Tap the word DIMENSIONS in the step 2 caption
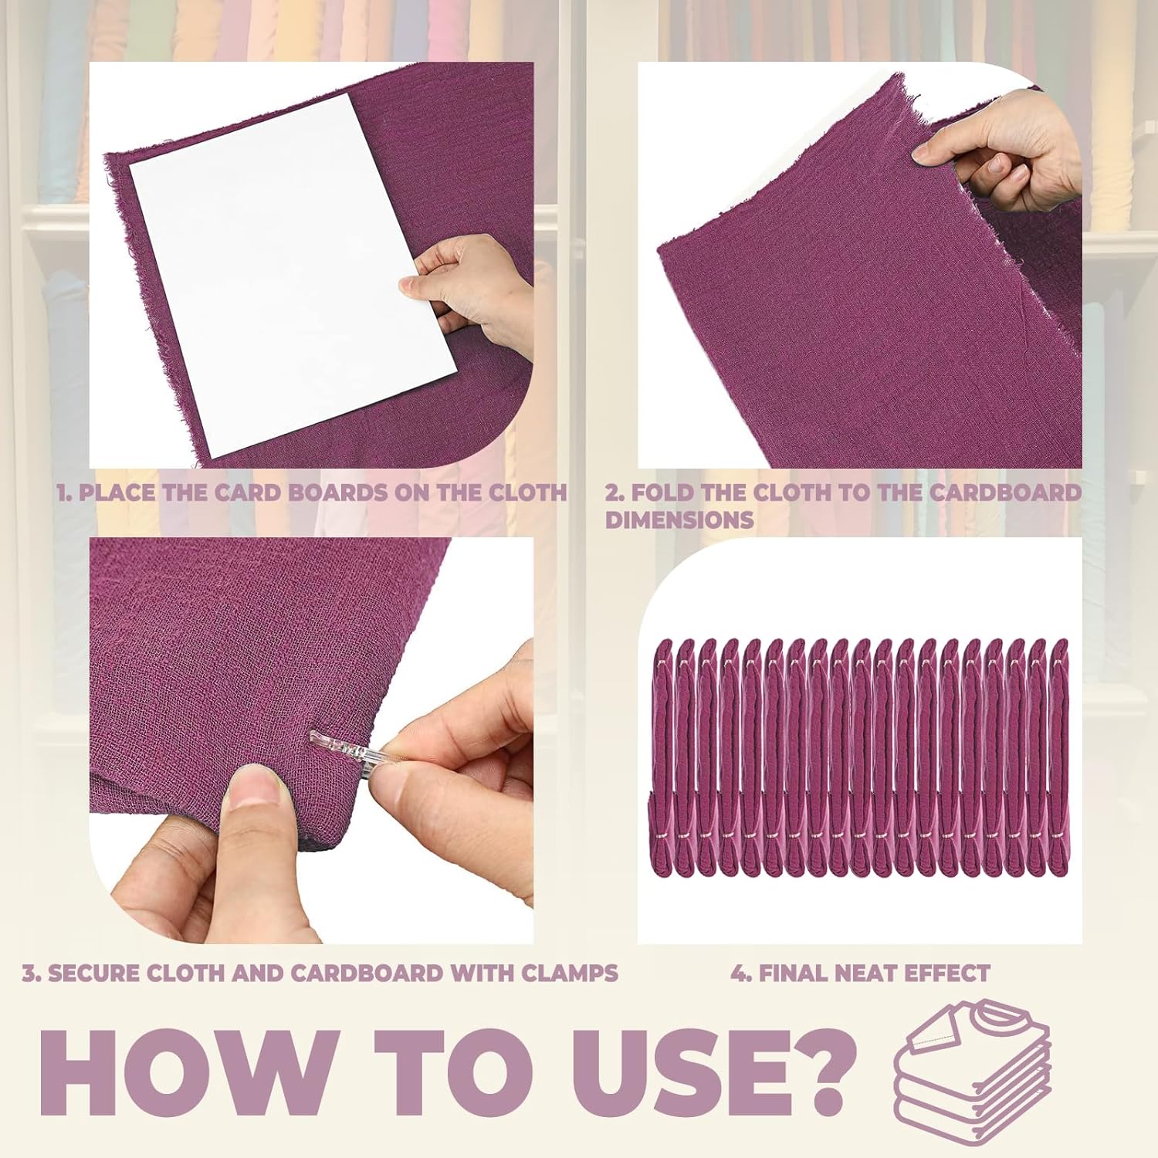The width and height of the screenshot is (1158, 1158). click(x=679, y=520)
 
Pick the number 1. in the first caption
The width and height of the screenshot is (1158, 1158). click(x=65, y=493)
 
